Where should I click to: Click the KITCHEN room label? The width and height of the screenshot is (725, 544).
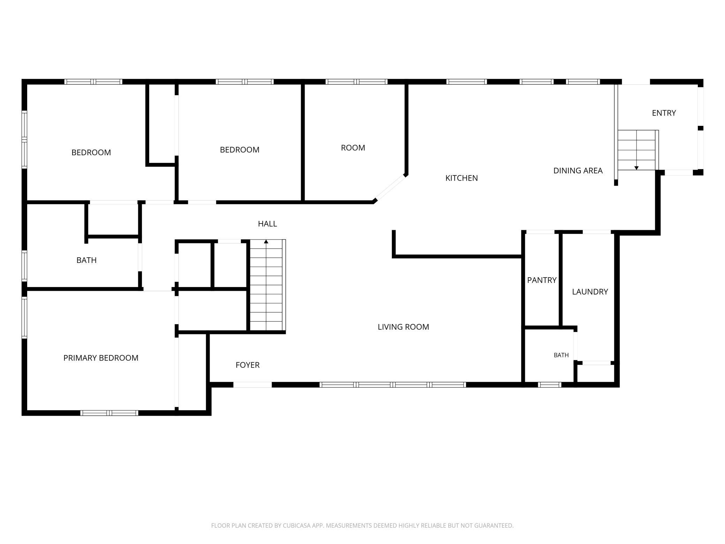point(461,178)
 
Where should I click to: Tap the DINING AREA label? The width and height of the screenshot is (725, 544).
point(578,171)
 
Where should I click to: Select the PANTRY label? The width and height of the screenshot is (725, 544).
point(542,280)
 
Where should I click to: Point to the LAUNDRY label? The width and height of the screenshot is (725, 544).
point(590,292)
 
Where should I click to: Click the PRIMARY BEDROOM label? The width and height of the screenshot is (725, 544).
point(101,358)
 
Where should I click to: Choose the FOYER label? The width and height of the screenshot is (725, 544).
point(247,365)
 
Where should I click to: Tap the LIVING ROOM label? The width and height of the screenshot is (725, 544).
point(403,327)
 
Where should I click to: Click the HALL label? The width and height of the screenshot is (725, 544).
point(267,224)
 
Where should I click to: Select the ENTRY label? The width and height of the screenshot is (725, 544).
point(664,113)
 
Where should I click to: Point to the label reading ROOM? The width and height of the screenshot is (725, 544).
point(353,148)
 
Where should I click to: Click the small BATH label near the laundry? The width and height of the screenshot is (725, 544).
point(561,355)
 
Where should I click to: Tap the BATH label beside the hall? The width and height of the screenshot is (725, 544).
point(86,260)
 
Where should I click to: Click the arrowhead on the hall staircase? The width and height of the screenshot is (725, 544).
point(266,241)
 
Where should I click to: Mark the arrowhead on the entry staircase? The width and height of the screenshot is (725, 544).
point(636,168)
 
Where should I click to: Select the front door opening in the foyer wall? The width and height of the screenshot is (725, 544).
point(252,385)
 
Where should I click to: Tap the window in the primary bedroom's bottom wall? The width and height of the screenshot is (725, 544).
point(109,413)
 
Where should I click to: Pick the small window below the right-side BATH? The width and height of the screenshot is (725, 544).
point(549,385)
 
